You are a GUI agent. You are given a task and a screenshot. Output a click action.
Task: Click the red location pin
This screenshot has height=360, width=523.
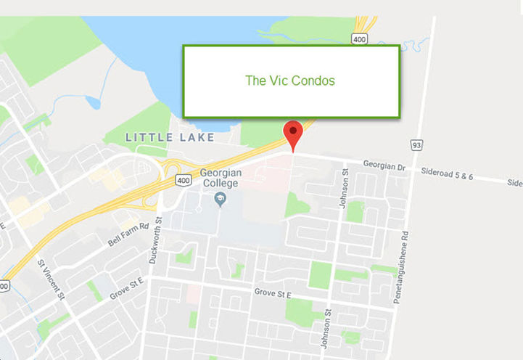292,131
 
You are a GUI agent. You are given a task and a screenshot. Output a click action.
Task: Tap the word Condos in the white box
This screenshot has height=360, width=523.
313,81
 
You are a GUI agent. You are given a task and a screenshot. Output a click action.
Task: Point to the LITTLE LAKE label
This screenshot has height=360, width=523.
170,137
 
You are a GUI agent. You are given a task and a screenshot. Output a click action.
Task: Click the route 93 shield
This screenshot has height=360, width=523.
417,145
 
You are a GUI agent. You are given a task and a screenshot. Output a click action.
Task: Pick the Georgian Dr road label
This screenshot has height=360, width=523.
385,166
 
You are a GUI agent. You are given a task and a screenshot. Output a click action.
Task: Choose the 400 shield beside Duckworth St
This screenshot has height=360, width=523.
184,179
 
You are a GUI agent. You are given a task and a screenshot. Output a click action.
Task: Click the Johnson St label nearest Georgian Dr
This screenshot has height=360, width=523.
345,189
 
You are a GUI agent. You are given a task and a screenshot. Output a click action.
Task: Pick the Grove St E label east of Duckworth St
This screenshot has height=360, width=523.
272,295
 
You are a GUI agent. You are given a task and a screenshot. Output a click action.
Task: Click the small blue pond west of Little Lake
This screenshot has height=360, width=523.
92,102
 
